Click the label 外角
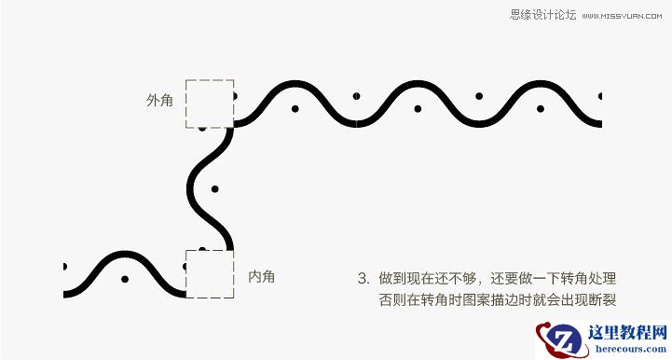pyautogui.click(x=159, y=100)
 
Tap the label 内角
pyautogui.click(x=261, y=276)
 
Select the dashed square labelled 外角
pyautogui.click(x=209, y=104)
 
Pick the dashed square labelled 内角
pyautogui.click(x=209, y=273)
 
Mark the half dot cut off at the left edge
pyautogui.click(x=64, y=266)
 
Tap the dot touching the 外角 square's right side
pyautogui.click(x=234, y=95)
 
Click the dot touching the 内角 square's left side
pyautogui.click(x=185, y=266)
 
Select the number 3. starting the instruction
pyautogui.click(x=363, y=278)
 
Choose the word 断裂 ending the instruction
pyautogui.click(x=606, y=299)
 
